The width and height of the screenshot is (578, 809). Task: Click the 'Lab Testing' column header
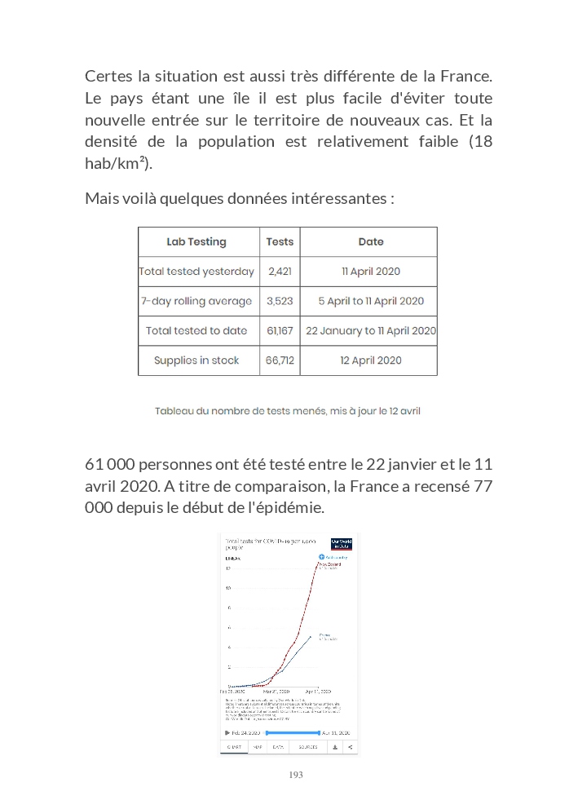click(x=196, y=242)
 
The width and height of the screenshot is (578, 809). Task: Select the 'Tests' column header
click(x=280, y=242)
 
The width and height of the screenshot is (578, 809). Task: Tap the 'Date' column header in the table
click(x=371, y=242)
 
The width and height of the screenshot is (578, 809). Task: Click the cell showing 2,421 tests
click(x=280, y=272)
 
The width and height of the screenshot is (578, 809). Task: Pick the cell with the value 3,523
click(x=280, y=301)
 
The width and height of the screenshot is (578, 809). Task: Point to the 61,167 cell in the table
click(x=280, y=330)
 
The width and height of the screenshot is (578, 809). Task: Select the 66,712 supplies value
click(x=280, y=360)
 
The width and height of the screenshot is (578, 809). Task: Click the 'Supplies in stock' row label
click(x=196, y=360)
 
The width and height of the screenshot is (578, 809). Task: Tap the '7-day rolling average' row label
click(x=196, y=301)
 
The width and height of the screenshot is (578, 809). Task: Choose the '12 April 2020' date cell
click(x=371, y=360)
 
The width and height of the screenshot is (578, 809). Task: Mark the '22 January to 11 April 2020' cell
click(x=371, y=330)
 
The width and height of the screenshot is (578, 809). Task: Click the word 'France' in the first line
click(x=465, y=77)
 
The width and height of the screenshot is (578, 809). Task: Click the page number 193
click(x=296, y=775)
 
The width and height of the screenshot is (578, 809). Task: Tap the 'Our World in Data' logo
click(x=342, y=544)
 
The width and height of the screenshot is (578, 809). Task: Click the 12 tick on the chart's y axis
click(x=228, y=568)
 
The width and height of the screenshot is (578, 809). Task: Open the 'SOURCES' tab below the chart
click(x=307, y=746)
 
